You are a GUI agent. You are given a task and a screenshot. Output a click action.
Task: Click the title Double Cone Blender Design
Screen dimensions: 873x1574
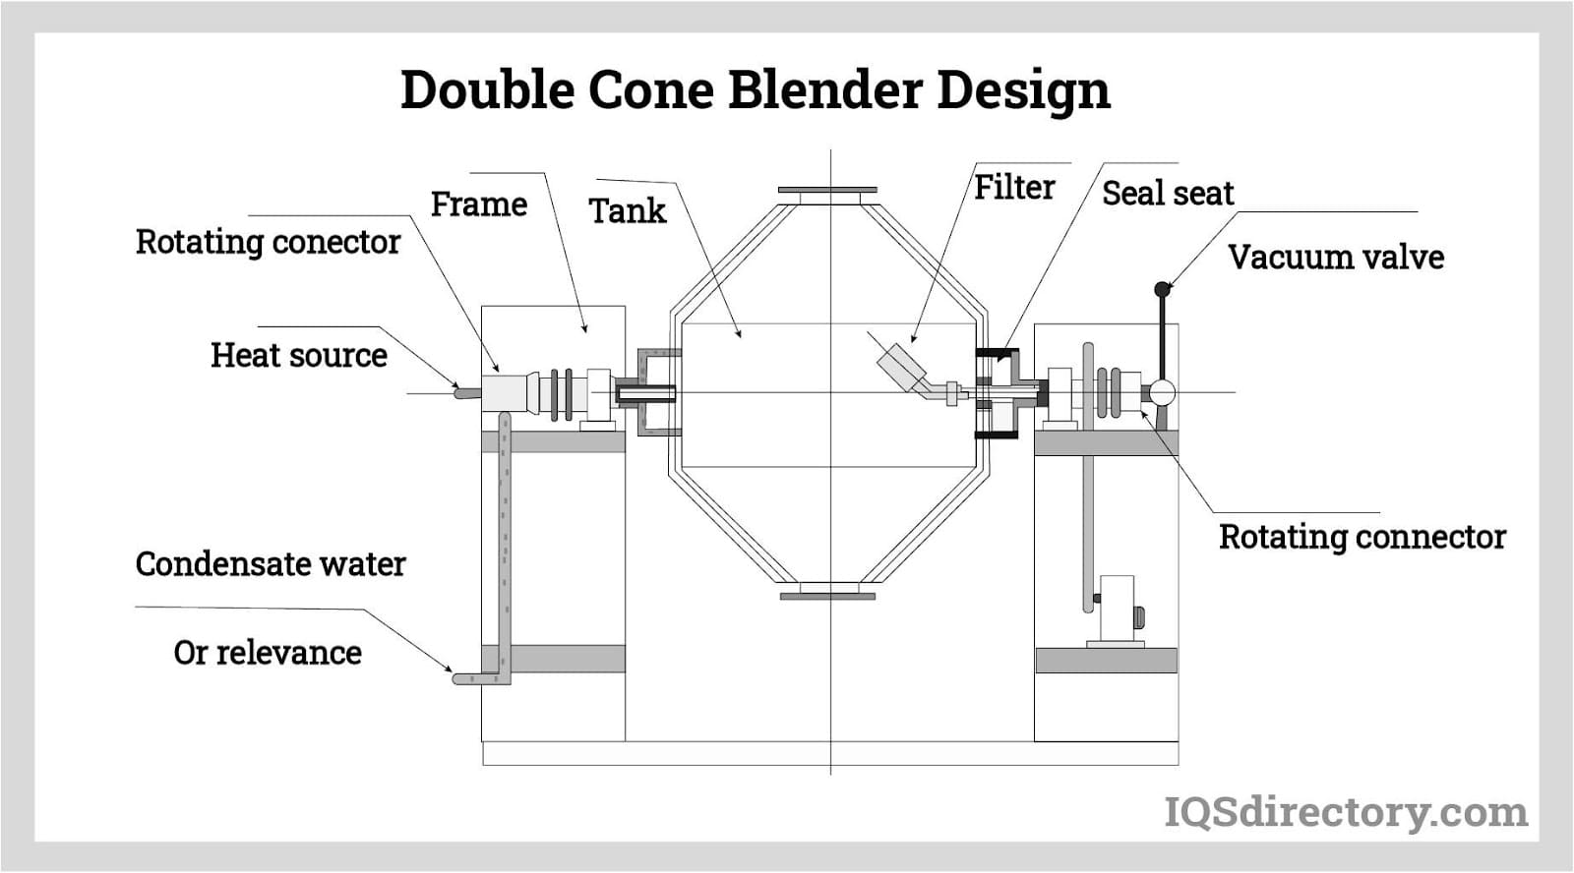(755, 89)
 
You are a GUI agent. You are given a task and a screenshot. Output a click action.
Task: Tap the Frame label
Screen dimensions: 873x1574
(479, 204)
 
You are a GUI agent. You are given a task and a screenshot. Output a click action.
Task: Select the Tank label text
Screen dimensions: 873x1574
(628, 210)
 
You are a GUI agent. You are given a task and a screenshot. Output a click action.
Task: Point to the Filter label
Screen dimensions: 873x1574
(1014, 187)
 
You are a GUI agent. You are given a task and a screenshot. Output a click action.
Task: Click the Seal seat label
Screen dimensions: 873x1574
(1167, 194)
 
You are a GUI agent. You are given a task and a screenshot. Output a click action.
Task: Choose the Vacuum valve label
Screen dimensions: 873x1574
(1336, 258)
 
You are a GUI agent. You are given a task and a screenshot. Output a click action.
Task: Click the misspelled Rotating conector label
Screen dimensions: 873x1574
(268, 242)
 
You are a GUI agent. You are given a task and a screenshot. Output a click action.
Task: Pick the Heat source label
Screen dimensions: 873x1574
(299, 355)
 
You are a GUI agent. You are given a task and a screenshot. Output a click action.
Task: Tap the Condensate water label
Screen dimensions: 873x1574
(271, 564)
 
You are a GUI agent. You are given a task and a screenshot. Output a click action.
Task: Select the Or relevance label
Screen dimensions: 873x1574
(268, 653)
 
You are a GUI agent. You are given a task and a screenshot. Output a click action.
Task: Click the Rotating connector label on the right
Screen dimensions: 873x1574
(1362, 537)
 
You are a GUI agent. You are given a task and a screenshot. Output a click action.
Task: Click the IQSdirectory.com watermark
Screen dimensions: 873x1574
(1346, 812)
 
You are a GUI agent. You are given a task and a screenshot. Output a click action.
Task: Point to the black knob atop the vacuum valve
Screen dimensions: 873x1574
(1162, 289)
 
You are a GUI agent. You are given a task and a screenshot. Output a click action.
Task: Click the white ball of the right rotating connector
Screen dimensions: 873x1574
(1162, 393)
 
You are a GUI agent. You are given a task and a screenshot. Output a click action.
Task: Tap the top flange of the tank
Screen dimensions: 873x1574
(827, 190)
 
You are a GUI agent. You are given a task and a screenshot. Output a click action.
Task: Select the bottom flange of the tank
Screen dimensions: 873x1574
(827, 595)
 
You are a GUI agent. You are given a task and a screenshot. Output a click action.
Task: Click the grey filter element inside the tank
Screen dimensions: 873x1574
(902, 366)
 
